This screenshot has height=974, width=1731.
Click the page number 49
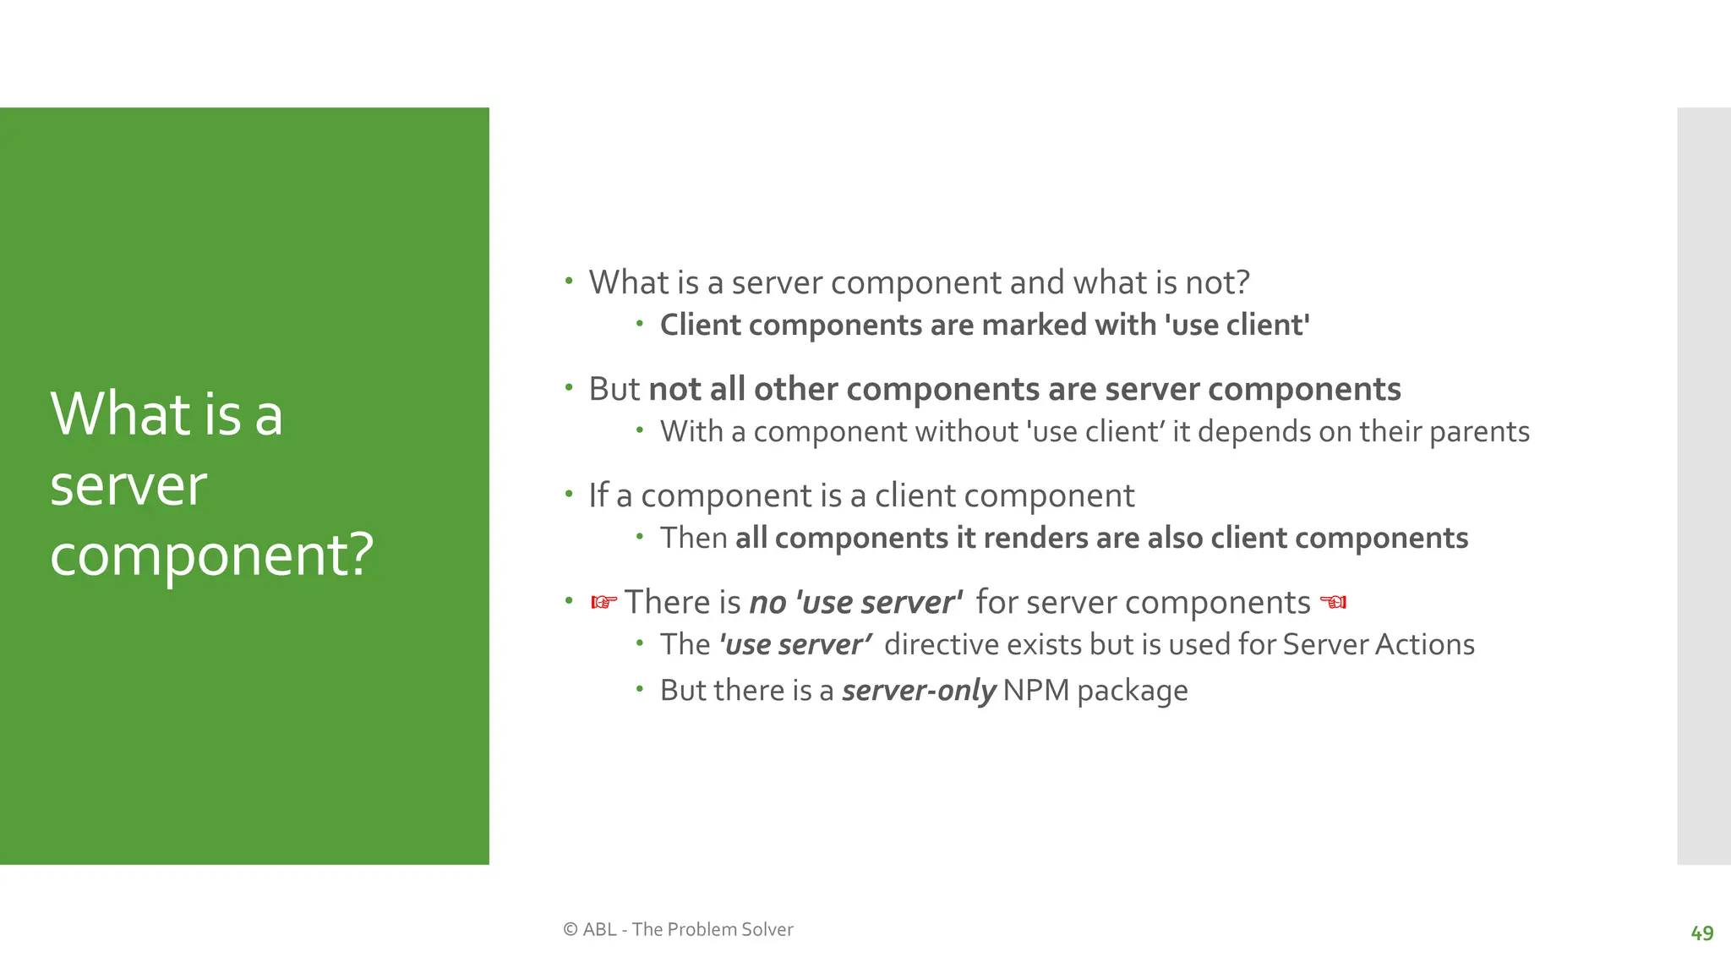(1701, 933)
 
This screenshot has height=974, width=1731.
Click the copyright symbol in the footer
(571, 929)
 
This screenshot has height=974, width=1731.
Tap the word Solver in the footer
(767, 929)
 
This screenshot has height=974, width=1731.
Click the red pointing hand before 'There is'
(603, 602)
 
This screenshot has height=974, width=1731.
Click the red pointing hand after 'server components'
(1333, 602)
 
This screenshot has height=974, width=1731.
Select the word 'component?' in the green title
(211, 555)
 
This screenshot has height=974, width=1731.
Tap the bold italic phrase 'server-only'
(919, 691)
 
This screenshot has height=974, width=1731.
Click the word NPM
(1036, 691)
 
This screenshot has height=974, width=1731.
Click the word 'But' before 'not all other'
(614, 389)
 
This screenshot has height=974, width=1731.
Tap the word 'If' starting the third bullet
(598, 495)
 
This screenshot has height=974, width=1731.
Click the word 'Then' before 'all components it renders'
(693, 539)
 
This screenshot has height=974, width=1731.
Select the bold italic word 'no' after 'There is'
(767, 603)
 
